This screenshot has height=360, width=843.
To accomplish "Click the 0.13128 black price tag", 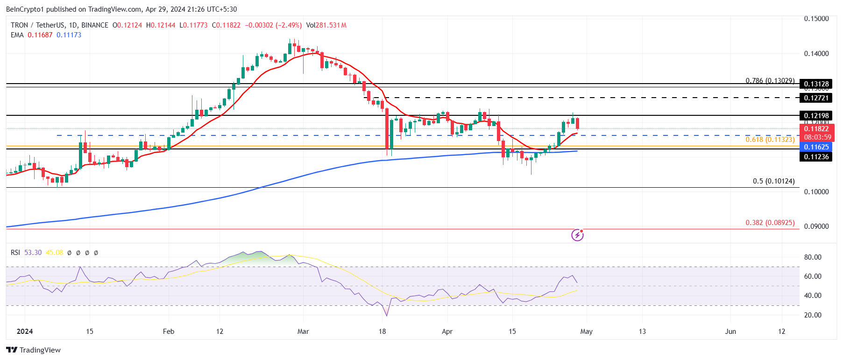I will (816, 84).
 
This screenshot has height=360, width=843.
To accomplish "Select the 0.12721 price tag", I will (816, 98).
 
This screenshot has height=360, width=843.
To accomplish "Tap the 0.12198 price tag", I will (816, 116).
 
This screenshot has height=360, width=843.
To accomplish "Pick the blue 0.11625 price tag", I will (816, 147).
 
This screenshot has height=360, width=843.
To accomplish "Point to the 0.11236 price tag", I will (816, 157).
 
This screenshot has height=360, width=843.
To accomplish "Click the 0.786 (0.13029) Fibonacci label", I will (770, 81).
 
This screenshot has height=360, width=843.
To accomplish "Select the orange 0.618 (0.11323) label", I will (770, 140).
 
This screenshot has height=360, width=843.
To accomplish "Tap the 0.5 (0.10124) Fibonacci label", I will (773, 181).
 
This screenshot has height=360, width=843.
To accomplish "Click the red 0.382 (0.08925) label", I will (770, 223).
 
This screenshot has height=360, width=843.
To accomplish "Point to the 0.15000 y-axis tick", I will (816, 19).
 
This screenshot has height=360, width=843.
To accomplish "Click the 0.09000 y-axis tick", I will (816, 226).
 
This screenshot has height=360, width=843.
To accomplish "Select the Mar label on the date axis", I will (303, 332).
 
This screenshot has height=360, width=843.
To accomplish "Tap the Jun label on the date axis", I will (730, 332).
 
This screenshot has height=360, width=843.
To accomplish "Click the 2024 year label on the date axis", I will (25, 332).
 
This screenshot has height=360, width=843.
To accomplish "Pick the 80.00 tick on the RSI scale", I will (813, 257).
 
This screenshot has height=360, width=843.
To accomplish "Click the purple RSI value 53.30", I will (33, 253).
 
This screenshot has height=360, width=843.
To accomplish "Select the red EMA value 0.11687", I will (40, 35).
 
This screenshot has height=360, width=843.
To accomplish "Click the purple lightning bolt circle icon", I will (577, 235).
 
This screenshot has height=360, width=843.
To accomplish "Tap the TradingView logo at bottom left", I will (34, 350).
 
